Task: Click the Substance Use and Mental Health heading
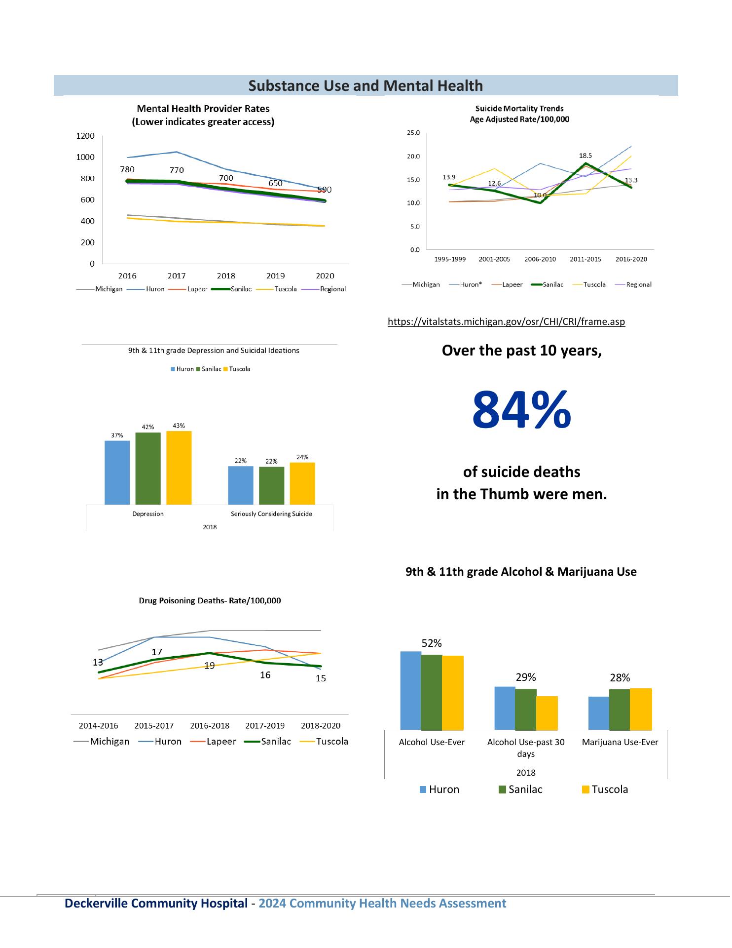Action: pyautogui.click(x=366, y=86)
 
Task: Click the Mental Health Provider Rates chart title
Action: pyautogui.click(x=203, y=115)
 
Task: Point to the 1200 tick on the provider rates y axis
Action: pyautogui.click(x=85, y=136)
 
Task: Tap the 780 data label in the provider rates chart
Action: pyautogui.click(x=127, y=169)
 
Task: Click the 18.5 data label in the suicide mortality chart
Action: pyautogui.click(x=586, y=155)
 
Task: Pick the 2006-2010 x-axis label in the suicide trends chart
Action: pyautogui.click(x=540, y=259)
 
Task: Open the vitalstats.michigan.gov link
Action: pyautogui.click(x=506, y=322)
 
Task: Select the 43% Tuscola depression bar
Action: pyautogui.click(x=179, y=467)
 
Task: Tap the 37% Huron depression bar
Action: pyautogui.click(x=117, y=472)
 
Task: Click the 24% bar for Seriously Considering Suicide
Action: pyautogui.click(x=302, y=483)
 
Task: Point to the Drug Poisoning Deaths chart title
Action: pyautogui.click(x=210, y=600)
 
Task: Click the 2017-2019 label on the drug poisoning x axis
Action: pyautogui.click(x=265, y=726)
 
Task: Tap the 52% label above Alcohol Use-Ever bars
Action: pyautogui.click(x=432, y=643)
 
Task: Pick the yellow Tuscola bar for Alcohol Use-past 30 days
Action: pyautogui.click(x=547, y=713)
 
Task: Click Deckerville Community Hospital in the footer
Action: pyautogui.click(x=156, y=903)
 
